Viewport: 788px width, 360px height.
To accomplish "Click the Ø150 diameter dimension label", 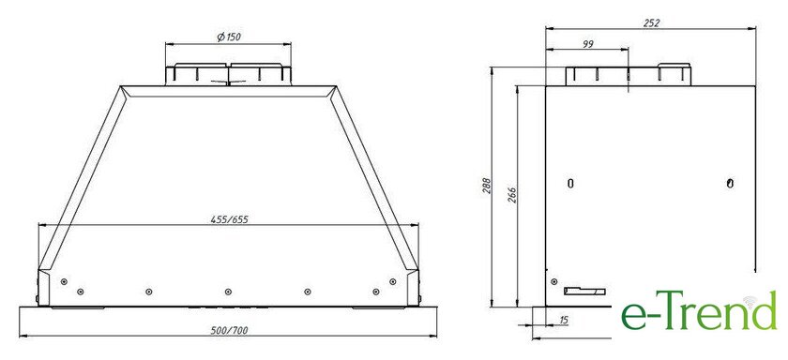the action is pyautogui.click(x=229, y=37).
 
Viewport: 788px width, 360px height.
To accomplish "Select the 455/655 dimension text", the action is pyautogui.click(x=229, y=219).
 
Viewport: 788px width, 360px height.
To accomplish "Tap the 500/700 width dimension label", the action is pyautogui.click(x=229, y=330).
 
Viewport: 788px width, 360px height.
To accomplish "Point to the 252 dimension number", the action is pyautogui.click(x=651, y=22).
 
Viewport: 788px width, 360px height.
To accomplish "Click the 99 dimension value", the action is pyautogui.click(x=588, y=44).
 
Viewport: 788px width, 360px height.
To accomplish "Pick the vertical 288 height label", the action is pyautogui.click(x=487, y=186).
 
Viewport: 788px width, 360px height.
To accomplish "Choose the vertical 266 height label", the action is pyautogui.click(x=511, y=196).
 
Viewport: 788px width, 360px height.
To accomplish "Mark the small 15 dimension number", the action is pyautogui.click(x=564, y=320).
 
